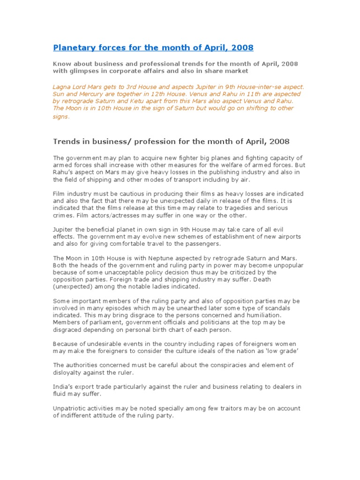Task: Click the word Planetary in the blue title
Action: [x=72, y=48]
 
